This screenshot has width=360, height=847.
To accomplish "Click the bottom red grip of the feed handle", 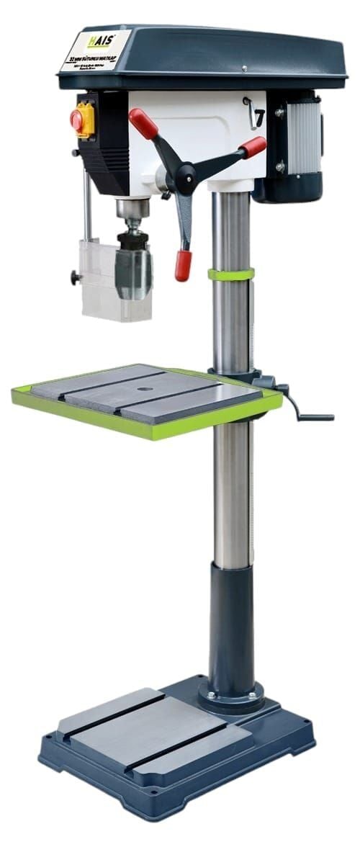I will click(183, 265).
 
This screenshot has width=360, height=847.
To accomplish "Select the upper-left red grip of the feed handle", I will click(143, 123).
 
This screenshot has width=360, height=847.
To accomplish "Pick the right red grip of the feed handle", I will click(253, 147).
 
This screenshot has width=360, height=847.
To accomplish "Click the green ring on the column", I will click(231, 274).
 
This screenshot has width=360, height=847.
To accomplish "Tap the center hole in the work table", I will click(146, 390).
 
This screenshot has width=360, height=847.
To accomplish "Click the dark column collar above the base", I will click(231, 627).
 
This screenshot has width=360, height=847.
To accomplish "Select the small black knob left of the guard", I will click(74, 276).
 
